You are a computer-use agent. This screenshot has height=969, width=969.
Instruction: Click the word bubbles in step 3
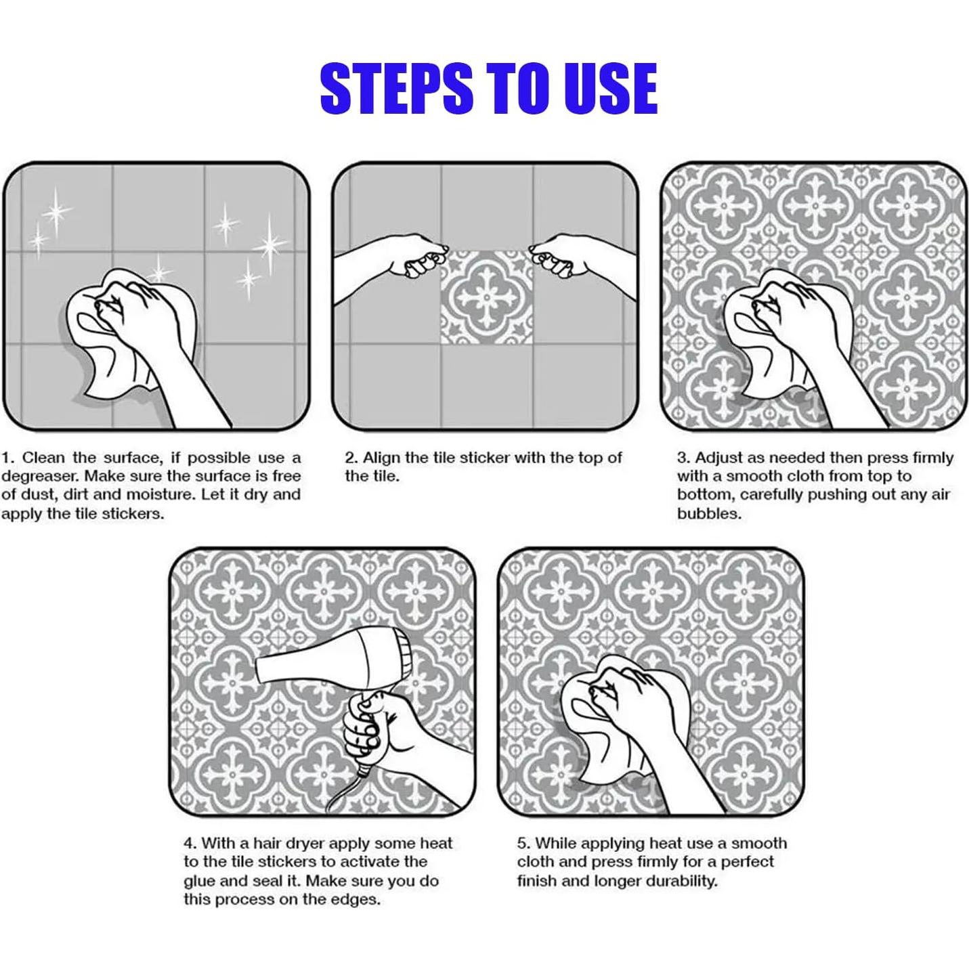click(709, 514)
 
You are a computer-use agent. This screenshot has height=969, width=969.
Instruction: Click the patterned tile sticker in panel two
click(487, 298)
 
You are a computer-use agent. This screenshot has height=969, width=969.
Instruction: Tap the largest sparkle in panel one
click(271, 246)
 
